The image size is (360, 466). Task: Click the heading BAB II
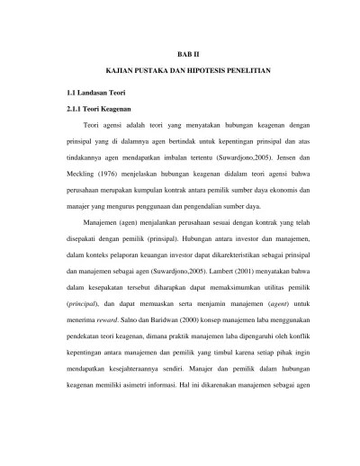pyautogui.click(x=180, y=55)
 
